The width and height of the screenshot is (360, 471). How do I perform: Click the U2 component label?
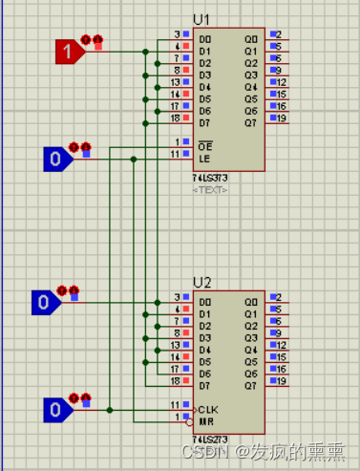pos(201,283)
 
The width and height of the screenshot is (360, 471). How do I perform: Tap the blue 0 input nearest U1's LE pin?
pos(57,158)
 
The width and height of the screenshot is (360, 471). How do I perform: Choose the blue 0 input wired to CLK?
pos(56,410)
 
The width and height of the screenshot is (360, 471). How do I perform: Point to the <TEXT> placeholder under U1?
pos(211,189)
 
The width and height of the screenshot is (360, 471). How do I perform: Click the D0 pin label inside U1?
pos(203,35)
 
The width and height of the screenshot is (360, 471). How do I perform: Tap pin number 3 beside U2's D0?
pos(177,298)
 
